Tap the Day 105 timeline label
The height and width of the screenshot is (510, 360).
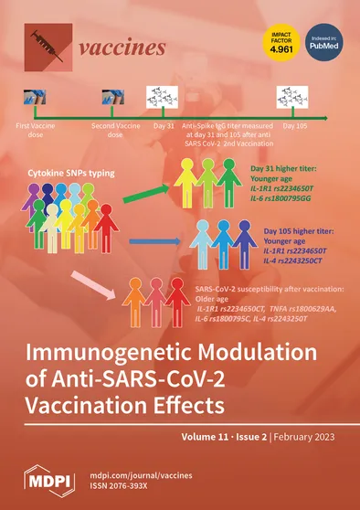295,124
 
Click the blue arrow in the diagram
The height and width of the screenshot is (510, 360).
152,240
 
